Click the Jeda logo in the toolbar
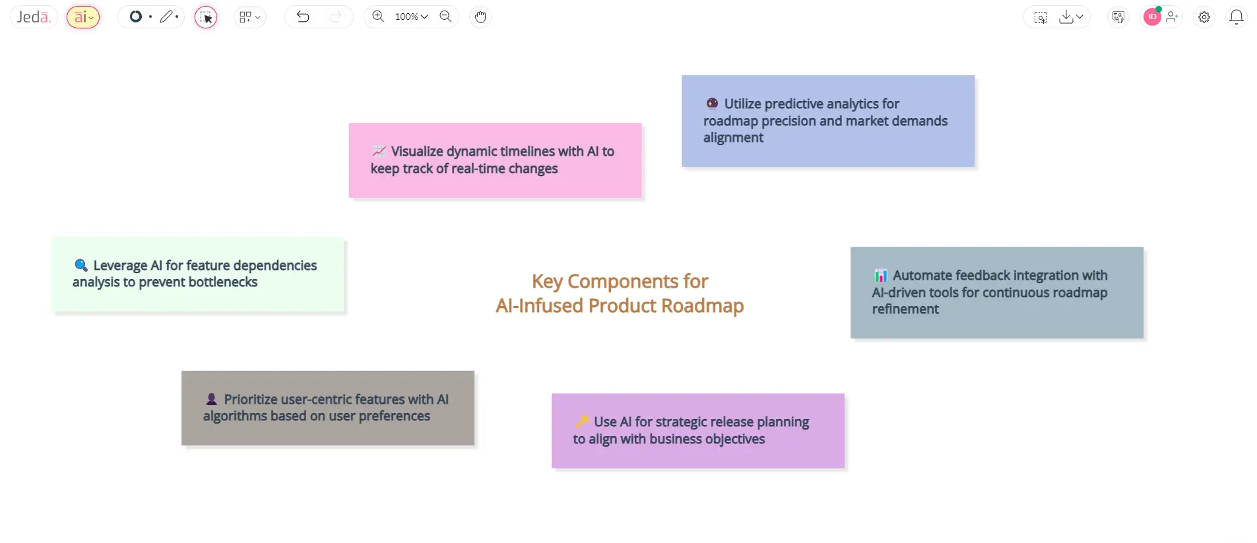tap(34, 17)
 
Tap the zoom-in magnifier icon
tap(378, 16)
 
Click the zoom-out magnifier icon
tap(445, 16)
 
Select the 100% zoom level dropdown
tap(411, 16)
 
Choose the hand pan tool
tap(480, 17)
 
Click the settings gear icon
tap(1204, 17)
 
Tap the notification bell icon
tap(1237, 17)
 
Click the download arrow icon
tap(1066, 17)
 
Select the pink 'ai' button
tap(83, 17)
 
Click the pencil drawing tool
tap(166, 16)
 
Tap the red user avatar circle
tap(1152, 17)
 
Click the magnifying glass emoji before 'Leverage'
tap(81, 265)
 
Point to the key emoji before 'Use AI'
tap(582, 422)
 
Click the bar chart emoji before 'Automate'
tap(881, 275)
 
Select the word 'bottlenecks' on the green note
tap(223, 282)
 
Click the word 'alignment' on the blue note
tap(733, 138)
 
